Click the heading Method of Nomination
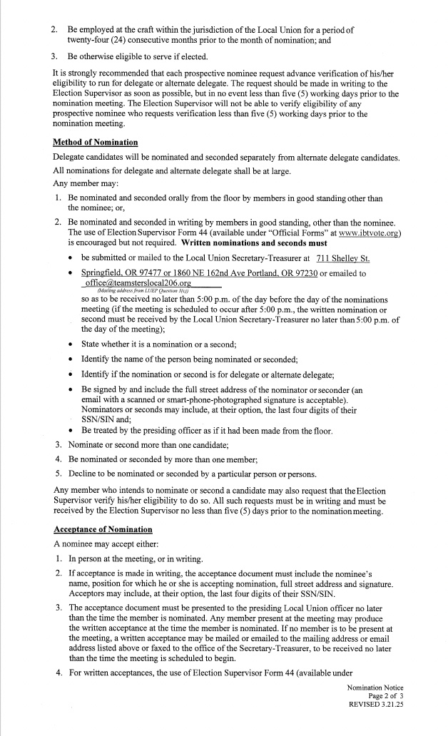pyautogui.click(x=95, y=143)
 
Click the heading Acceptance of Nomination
pyautogui.click(x=103, y=528)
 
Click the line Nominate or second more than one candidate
pyautogui.click(x=148, y=445)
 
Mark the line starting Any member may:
pyautogui.click(x=81, y=183)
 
